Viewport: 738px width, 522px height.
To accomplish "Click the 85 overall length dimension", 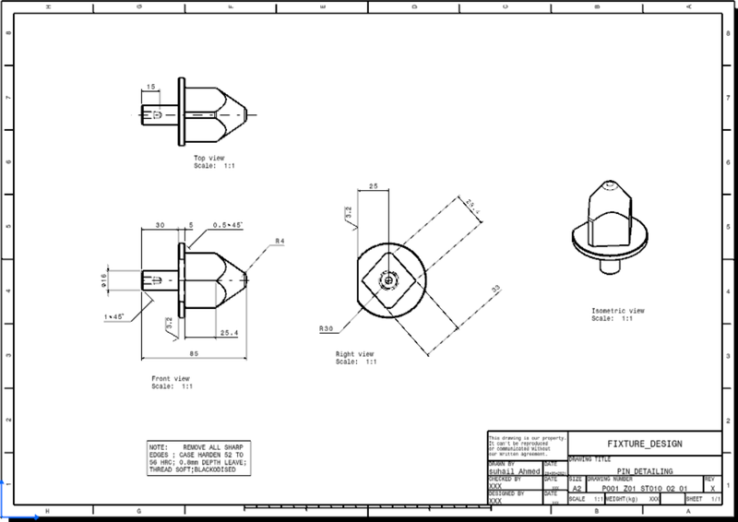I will [193, 350].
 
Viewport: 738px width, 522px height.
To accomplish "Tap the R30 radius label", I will [325, 328].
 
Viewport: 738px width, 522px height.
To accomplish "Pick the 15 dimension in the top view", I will [150, 88].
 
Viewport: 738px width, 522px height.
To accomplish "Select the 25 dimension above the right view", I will [373, 186].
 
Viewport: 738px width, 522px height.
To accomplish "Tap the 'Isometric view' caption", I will [618, 311].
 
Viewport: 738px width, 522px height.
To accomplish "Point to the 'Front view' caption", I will [171, 379].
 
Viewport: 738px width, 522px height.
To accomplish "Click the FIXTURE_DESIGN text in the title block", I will [643, 444].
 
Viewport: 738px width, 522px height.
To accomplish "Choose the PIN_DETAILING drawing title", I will [643, 471].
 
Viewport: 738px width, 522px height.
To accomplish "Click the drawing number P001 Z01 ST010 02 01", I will [643, 488].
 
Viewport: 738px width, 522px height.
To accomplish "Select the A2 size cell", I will [577, 488].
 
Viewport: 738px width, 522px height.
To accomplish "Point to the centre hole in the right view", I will [390, 277].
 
